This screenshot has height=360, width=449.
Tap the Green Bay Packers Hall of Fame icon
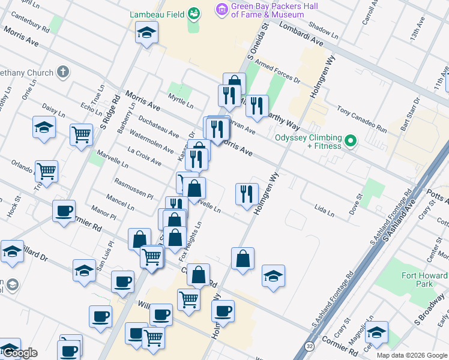pyautogui.click(x=222, y=9)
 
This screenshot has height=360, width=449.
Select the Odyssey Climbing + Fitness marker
pyautogui.click(x=351, y=142)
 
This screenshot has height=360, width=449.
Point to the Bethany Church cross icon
pyautogui.click(x=62, y=73)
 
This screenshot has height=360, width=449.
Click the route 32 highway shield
pyautogui.click(x=309, y=346)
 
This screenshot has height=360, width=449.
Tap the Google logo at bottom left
pyautogui.click(x=20, y=353)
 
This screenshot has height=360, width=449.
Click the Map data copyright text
pyautogui.click(x=412, y=355)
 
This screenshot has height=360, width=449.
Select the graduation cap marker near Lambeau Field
pyautogui.click(x=146, y=33)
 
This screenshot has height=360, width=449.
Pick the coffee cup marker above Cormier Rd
pyautogui.click(x=64, y=211)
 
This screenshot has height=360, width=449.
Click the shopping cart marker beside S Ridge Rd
pyautogui.click(x=81, y=134)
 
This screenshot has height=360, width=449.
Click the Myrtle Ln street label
pyautogui.click(x=181, y=101)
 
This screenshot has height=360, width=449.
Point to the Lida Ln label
pyautogui.click(x=324, y=209)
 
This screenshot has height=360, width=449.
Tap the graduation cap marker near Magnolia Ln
pyautogui.click(x=376, y=332)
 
